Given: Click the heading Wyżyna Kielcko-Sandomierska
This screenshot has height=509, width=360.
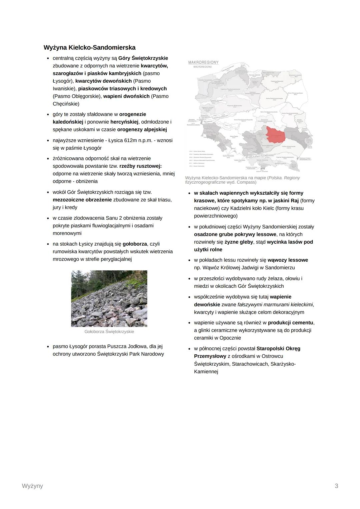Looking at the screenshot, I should pyautogui.click(x=89, y=47).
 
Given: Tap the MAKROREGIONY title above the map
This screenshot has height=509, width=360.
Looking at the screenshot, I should pyautogui.click(x=203, y=62).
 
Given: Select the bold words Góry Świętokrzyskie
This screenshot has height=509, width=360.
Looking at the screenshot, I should pyautogui.click(x=143, y=58).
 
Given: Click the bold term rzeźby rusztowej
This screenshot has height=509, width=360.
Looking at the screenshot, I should pyautogui.click(x=140, y=166).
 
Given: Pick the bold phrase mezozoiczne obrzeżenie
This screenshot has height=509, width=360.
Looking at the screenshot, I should pyautogui.click(x=82, y=200).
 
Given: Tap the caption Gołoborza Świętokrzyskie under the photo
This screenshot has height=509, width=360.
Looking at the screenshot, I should pyautogui.click(x=109, y=332).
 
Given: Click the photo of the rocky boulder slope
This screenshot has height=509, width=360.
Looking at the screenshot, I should pyautogui.click(x=109, y=298).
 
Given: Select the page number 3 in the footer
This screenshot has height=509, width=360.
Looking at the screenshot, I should pyautogui.click(x=336, y=486).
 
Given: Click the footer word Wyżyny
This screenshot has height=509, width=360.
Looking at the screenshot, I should pyautogui.click(x=32, y=486).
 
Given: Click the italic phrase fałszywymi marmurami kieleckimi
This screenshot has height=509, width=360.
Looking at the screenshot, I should pyautogui.click(x=275, y=304).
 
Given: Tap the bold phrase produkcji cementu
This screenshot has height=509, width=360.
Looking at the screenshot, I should pyautogui.click(x=291, y=322).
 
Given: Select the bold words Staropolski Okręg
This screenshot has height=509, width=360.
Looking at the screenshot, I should pyautogui.click(x=278, y=348).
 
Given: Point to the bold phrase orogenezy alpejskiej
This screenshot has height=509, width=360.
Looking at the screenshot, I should pyautogui.click(x=142, y=129).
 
